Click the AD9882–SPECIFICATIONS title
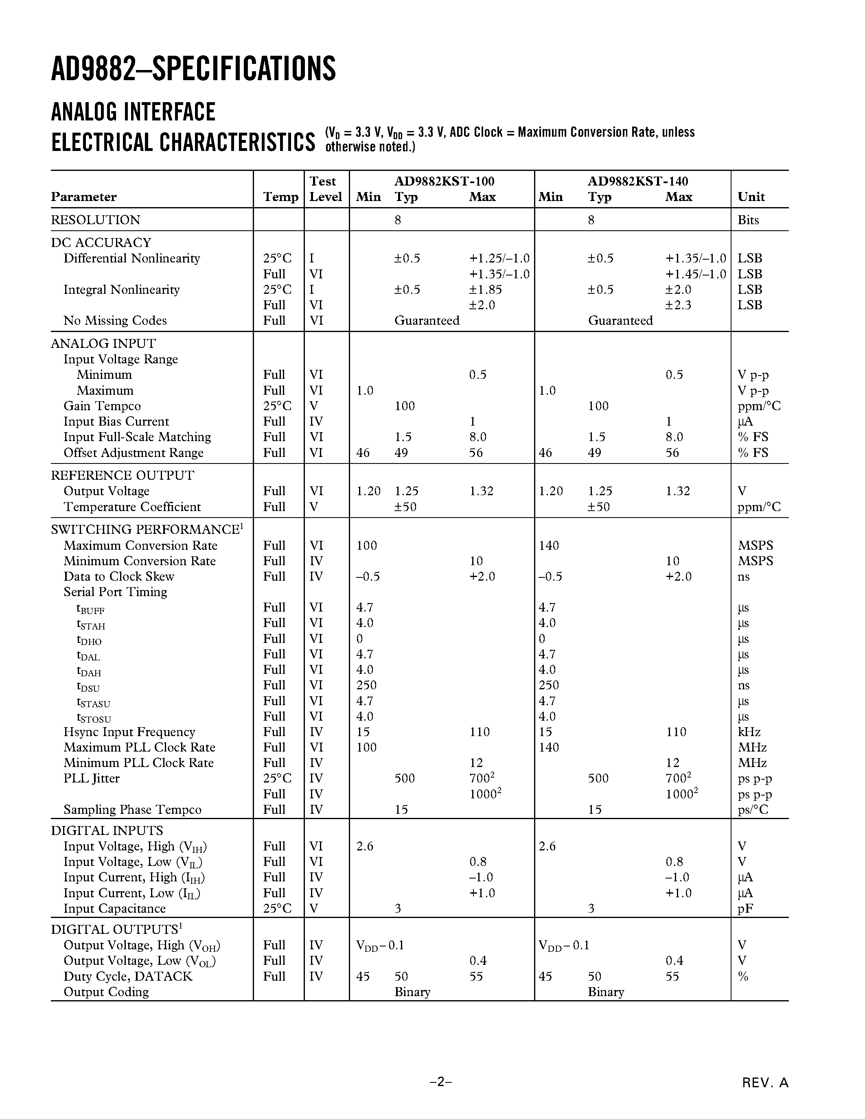pyautogui.click(x=193, y=69)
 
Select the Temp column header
pyautogui.click(x=280, y=197)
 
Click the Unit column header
pyautogui.click(x=751, y=197)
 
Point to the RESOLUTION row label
pyautogui.click(x=95, y=220)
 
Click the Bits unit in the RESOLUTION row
pyautogui.click(x=748, y=220)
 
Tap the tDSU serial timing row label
pyautogui.click(x=88, y=686)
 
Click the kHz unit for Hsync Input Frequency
pyautogui.click(x=749, y=732)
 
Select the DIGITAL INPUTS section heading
pyautogui.click(x=107, y=831)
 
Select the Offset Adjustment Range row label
pyautogui.click(x=133, y=452)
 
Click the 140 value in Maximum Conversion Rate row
pyautogui.click(x=548, y=545)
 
